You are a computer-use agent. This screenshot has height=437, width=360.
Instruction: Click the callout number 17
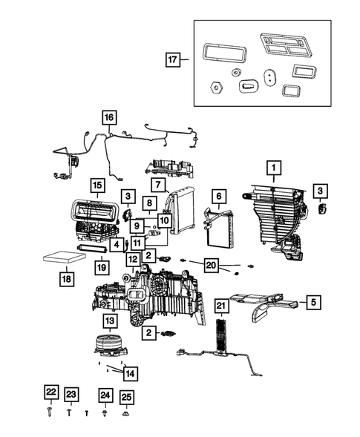pyautogui.click(x=172, y=60)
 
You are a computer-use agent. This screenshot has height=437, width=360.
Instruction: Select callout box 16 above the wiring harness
pyautogui.click(x=109, y=117)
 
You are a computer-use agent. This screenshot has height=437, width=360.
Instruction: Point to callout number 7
pyautogui.click(x=157, y=184)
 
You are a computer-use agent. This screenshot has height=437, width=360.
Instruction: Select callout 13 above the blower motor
pyautogui.click(x=109, y=320)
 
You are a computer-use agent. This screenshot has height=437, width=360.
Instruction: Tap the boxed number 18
pyautogui.click(x=66, y=279)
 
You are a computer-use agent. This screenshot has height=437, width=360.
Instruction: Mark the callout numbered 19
pyautogui.click(x=102, y=266)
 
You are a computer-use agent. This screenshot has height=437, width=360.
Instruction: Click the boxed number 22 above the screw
pyautogui.click(x=50, y=392)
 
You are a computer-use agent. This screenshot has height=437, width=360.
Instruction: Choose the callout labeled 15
pyautogui.click(x=97, y=184)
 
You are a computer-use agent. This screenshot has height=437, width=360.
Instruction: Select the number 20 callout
pyautogui.click(x=212, y=265)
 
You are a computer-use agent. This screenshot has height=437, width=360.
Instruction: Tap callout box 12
pyautogui.click(x=133, y=260)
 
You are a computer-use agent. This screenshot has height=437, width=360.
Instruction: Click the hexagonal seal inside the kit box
pyautogui.click(x=215, y=87)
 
